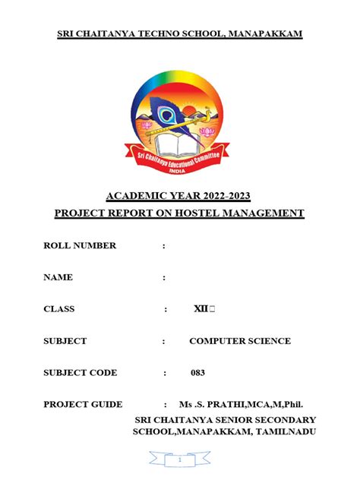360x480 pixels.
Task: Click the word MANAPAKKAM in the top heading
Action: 261,35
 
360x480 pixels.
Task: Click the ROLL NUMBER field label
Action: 80,245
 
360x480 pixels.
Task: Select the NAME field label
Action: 58,277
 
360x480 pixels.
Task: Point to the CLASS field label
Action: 59,309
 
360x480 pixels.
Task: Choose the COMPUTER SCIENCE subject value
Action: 240,341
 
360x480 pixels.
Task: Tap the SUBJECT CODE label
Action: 81,373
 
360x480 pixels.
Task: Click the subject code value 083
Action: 197,373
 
